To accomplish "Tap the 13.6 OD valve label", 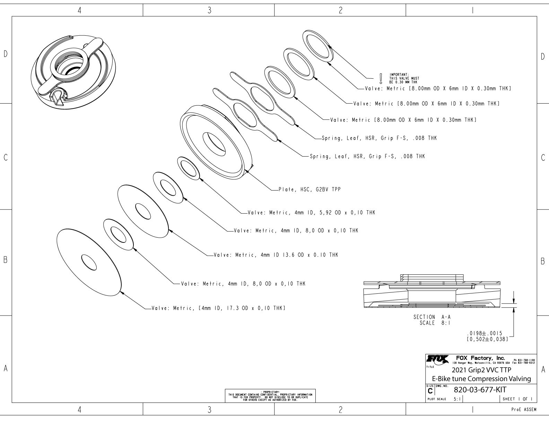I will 276,255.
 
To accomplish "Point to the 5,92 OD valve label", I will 311,213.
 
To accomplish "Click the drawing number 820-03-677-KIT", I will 480,390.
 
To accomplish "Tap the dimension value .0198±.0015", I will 485,333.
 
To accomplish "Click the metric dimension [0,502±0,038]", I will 487,339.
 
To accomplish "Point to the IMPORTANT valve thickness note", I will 404,78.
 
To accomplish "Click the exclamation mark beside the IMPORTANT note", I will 381,79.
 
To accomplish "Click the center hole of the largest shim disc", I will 89,262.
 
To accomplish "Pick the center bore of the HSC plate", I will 214,144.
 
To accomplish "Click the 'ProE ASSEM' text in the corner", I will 524,410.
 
